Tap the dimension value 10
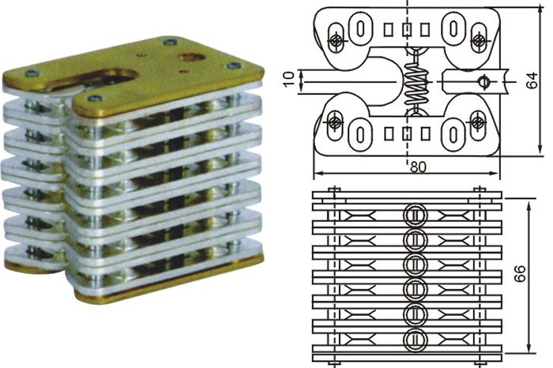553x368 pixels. coord(289,80)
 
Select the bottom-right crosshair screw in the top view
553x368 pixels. coord(477,121)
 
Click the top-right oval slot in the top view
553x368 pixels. coord(453,28)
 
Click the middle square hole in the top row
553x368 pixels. coord(406,29)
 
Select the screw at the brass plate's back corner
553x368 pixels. coord(171,41)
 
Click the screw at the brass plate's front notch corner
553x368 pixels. coord(94,99)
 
